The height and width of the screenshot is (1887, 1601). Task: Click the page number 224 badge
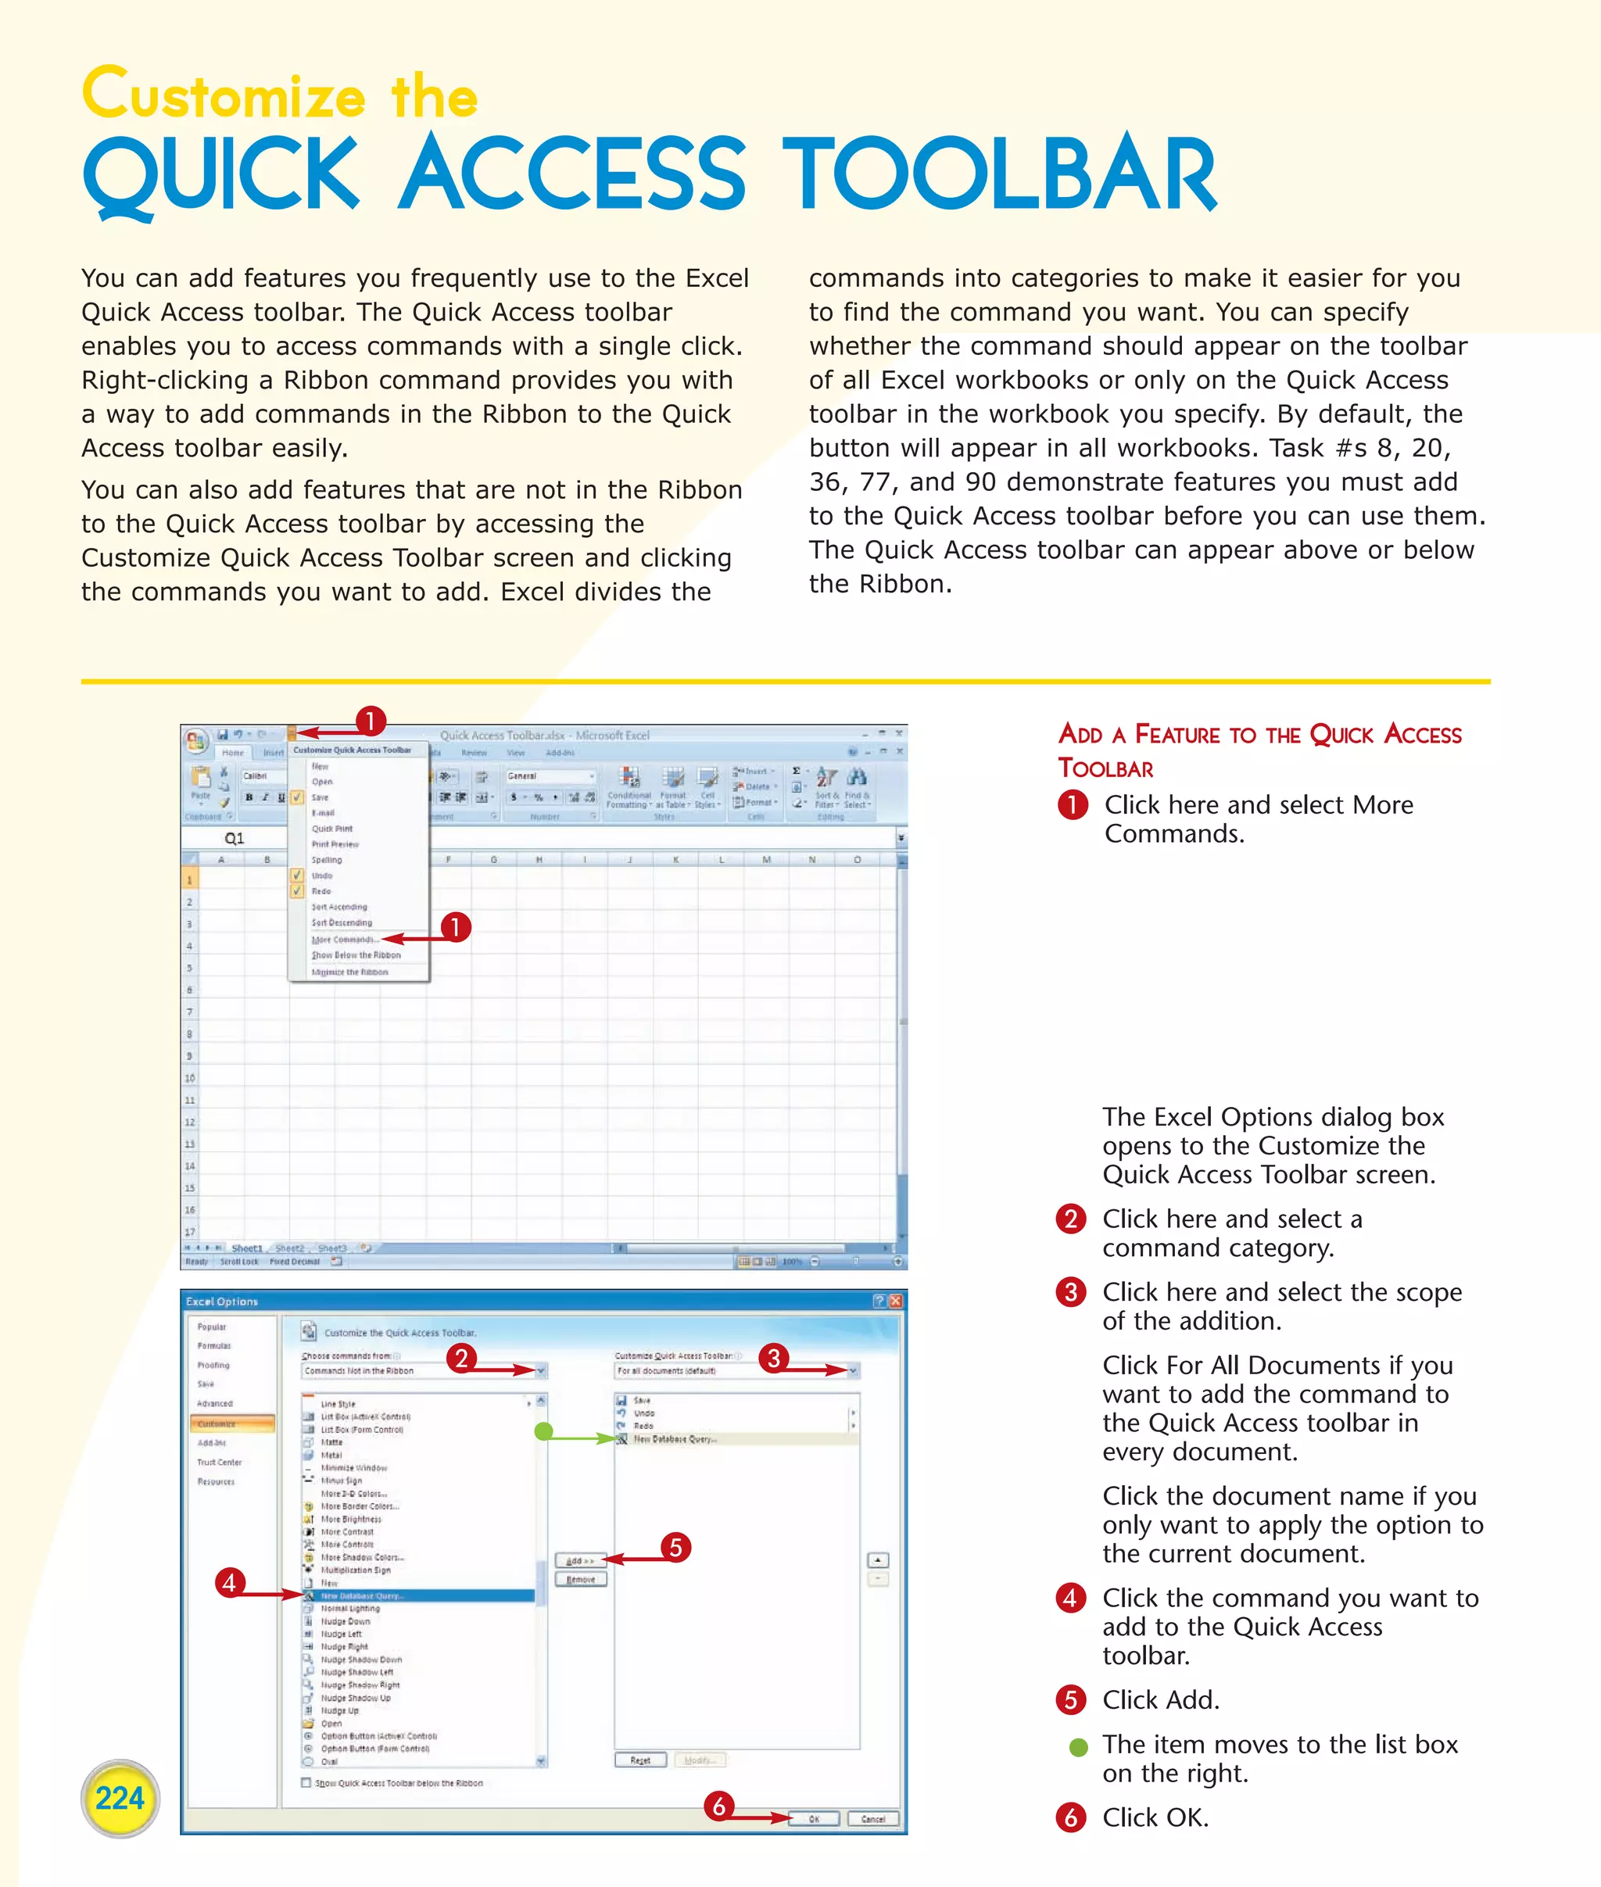click(x=120, y=1798)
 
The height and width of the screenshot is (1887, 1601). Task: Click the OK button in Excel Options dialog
click(x=814, y=1819)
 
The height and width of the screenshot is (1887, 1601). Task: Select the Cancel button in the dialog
click(x=872, y=1819)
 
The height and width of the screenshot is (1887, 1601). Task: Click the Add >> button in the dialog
click(x=580, y=1561)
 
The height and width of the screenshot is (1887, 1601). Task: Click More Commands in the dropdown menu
click(x=345, y=940)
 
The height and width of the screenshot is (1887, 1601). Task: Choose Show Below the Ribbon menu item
click(x=356, y=955)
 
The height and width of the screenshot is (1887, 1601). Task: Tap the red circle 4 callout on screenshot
click(x=230, y=1583)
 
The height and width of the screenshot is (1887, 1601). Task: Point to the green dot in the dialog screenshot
click(x=543, y=1431)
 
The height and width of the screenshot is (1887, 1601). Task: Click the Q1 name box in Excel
click(x=235, y=839)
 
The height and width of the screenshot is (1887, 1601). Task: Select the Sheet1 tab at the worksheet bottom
click(x=246, y=1248)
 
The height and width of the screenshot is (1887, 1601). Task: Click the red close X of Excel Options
click(x=896, y=1301)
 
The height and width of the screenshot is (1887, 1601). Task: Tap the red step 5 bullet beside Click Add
click(x=1071, y=1699)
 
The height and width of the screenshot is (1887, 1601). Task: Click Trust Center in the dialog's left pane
click(x=220, y=1463)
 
